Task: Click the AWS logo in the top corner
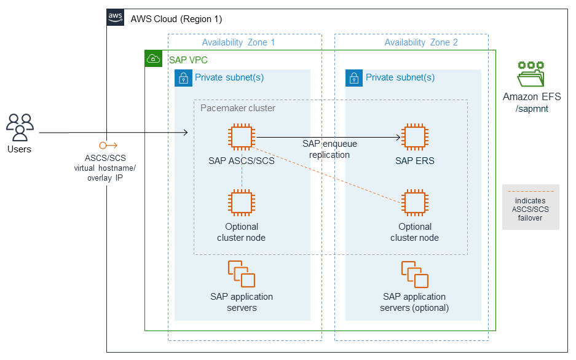[115, 17]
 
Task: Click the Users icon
[20, 127]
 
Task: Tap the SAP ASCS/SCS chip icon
[242, 138]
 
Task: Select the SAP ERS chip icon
[415, 138]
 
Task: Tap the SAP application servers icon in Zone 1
[242, 274]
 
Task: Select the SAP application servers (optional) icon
[415, 274]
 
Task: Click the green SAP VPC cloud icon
[153, 59]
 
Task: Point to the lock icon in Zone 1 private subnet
[183, 78]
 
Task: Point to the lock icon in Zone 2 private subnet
[353, 78]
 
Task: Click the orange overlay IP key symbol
[108, 146]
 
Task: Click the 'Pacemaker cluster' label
[238, 108]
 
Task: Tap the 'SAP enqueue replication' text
[329, 149]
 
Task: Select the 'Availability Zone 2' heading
[421, 42]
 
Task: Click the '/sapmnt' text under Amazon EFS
[532, 108]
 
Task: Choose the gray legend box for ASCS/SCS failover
[531, 207]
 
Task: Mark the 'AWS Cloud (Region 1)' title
[176, 19]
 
